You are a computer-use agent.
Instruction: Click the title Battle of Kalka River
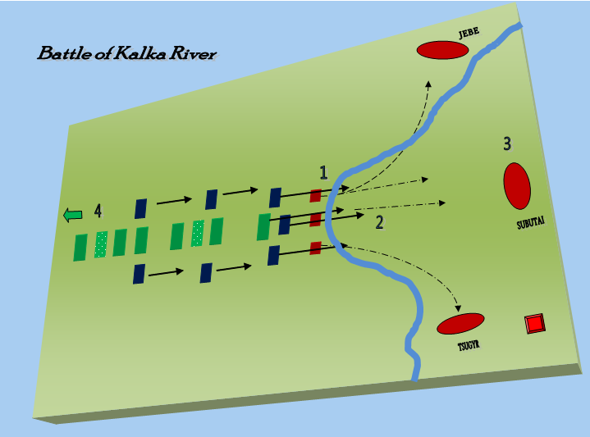tap(126, 55)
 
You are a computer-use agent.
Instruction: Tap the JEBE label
tap(468, 33)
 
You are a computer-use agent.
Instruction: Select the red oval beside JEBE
tap(442, 50)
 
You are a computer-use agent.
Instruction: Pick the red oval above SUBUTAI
tap(516, 185)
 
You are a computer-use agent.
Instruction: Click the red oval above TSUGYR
tap(460, 324)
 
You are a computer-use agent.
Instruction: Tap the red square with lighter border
tap(534, 324)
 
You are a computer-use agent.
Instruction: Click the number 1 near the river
tap(324, 172)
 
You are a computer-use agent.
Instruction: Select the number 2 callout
tap(379, 222)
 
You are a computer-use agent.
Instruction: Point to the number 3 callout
tap(507, 144)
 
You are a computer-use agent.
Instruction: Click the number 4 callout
tap(98, 212)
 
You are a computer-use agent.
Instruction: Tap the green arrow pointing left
tap(73, 215)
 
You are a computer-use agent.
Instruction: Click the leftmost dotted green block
tap(101, 244)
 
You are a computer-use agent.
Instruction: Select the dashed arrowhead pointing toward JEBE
tap(428, 84)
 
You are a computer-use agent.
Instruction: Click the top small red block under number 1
tap(315, 196)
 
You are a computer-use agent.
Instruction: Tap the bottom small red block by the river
tap(315, 248)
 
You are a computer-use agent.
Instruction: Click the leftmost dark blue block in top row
tap(140, 208)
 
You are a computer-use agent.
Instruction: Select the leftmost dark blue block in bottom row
tap(139, 274)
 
